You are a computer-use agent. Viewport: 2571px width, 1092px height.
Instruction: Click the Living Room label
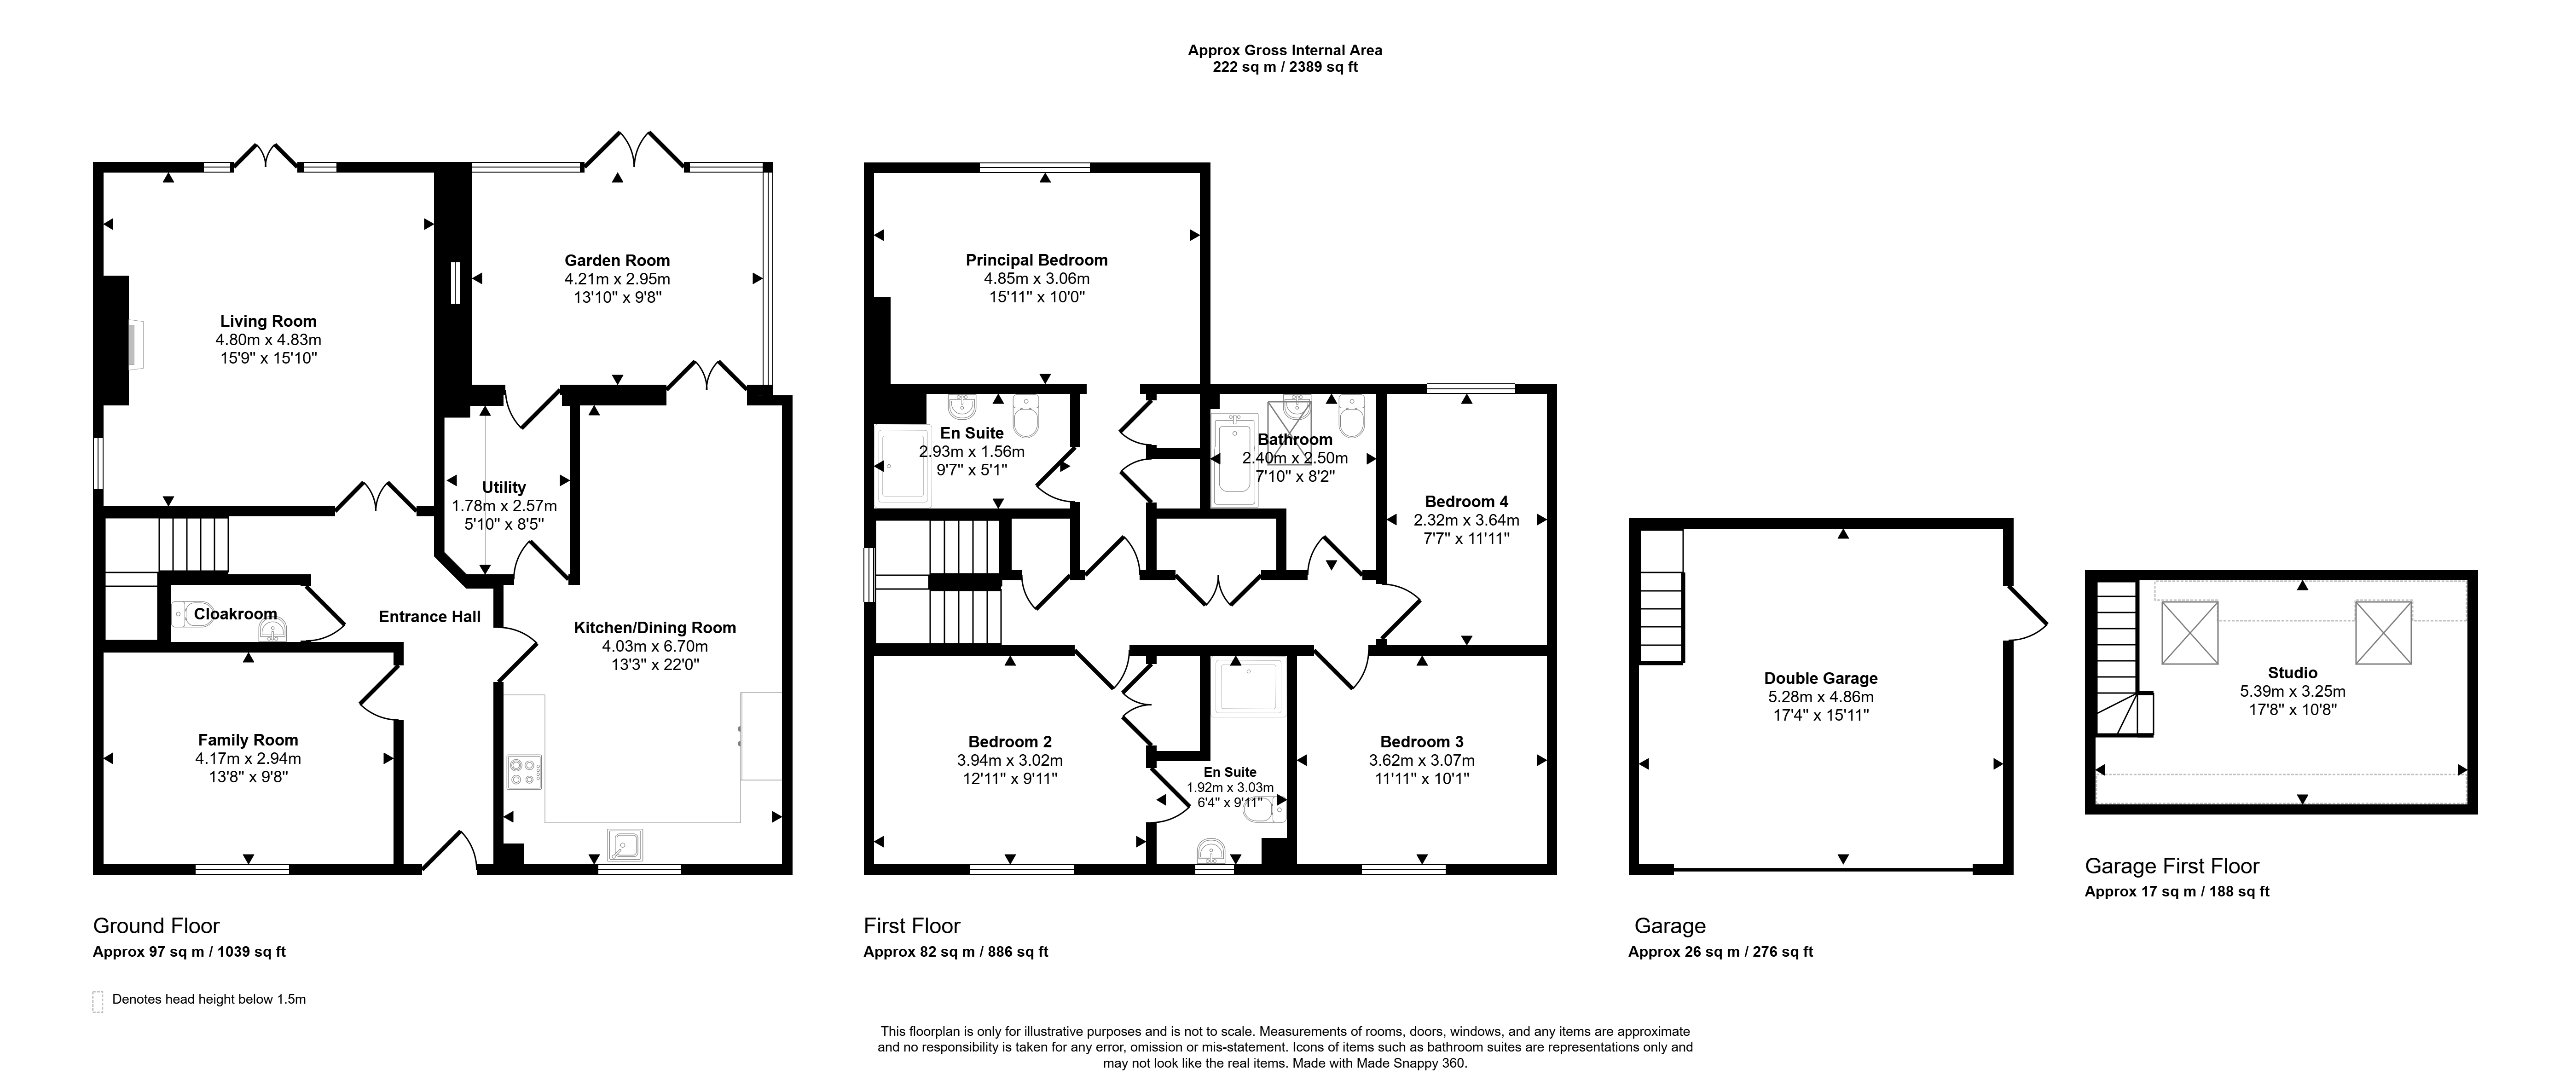[268, 321]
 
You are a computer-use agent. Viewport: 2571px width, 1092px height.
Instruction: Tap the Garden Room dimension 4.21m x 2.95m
[617, 279]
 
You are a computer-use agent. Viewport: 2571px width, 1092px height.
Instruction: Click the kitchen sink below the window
[625, 844]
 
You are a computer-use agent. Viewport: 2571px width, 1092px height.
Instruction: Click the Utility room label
[504, 487]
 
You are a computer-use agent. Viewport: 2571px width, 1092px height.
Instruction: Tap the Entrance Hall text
[430, 617]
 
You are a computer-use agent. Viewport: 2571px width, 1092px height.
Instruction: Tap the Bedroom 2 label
[1010, 742]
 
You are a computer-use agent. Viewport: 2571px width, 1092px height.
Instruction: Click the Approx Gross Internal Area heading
[1285, 50]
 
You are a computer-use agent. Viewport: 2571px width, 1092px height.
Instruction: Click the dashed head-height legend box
[98, 1001]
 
